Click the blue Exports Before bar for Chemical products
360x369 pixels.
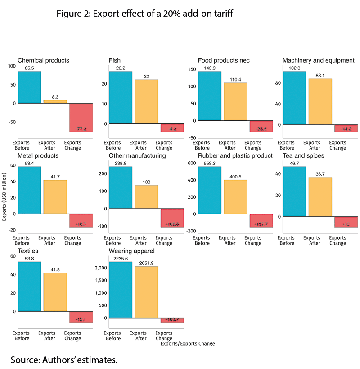point(29,87)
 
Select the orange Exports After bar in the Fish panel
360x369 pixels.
point(146,101)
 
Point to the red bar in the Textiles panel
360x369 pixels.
point(81,317)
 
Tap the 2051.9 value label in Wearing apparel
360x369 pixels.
point(146,263)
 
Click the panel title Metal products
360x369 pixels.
point(38,155)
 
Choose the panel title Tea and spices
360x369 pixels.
point(303,155)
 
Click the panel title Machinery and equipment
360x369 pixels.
point(318,60)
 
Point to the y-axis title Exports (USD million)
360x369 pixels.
point(4,198)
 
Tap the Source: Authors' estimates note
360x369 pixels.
point(64,360)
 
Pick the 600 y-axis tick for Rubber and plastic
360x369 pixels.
point(190,163)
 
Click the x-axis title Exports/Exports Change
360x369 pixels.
point(188,344)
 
